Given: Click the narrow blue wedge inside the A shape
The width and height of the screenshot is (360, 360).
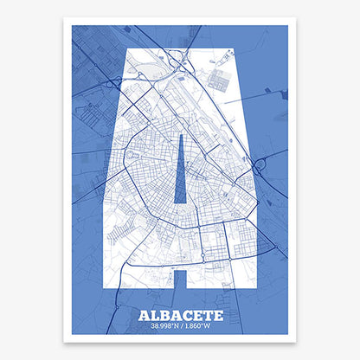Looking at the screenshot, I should point(180,173).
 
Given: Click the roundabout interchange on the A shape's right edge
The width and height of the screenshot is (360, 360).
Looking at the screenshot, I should point(257,162).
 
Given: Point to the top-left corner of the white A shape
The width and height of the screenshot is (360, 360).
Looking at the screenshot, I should point(131,50).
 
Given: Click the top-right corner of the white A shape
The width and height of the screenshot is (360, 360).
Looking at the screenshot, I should point(231,50).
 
